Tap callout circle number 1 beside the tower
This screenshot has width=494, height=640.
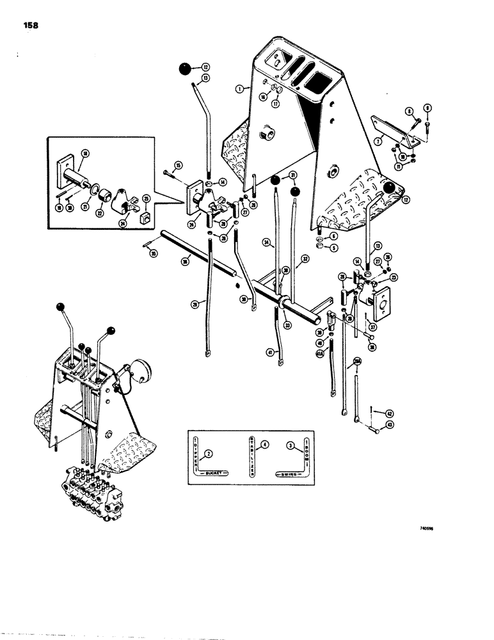(x=238, y=90)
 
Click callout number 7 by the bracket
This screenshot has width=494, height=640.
(x=396, y=140)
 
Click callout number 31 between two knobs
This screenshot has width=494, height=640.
(x=292, y=177)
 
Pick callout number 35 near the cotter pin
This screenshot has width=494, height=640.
(x=152, y=254)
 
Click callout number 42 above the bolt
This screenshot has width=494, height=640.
(x=390, y=413)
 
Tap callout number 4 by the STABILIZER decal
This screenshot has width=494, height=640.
(x=264, y=444)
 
